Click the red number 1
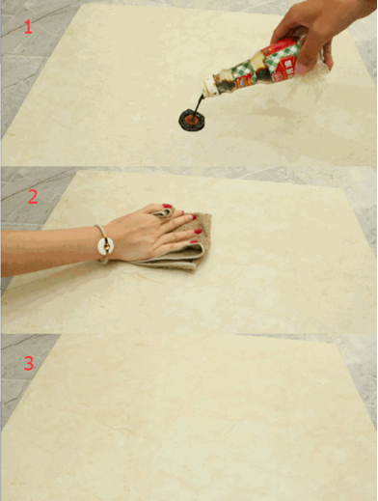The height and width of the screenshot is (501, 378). (28, 27)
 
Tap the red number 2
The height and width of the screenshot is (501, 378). (33, 197)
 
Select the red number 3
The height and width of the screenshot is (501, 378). (29, 363)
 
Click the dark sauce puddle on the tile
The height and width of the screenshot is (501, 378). (192, 120)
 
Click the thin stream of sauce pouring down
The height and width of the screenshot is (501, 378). (199, 103)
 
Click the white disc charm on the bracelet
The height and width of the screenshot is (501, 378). (105, 246)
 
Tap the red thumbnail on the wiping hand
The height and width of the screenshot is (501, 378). (167, 206)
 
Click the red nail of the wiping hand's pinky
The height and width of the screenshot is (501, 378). (194, 241)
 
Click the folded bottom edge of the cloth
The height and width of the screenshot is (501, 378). (167, 264)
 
